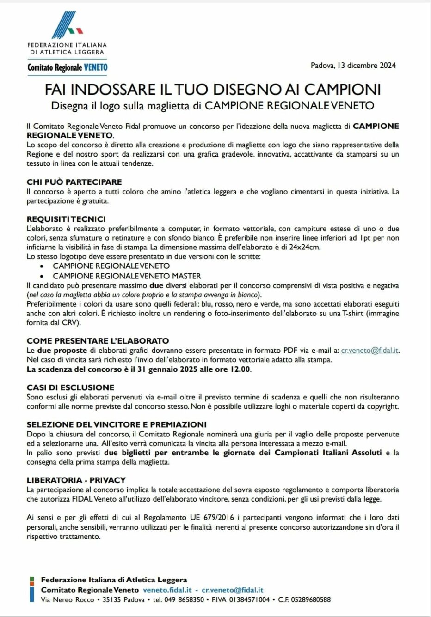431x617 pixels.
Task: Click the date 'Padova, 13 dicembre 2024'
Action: click(x=353, y=65)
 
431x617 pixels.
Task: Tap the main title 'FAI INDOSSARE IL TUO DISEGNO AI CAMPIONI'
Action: click(x=212, y=89)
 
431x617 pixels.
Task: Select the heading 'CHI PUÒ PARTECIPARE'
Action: click(x=74, y=182)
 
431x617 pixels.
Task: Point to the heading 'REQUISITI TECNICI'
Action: click(x=66, y=219)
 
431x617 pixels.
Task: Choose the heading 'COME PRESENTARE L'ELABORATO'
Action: click(x=98, y=341)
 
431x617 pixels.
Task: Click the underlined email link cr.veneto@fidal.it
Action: click(x=369, y=350)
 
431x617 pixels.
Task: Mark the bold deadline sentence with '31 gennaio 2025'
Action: click(x=139, y=369)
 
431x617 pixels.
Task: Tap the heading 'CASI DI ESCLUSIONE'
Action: click(x=70, y=387)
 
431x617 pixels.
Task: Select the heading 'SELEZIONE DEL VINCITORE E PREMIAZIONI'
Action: click(x=117, y=424)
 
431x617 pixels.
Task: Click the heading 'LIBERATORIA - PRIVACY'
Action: click(x=76, y=480)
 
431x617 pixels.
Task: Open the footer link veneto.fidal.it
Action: click(x=167, y=590)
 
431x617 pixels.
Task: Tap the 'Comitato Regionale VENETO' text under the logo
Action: click(x=68, y=67)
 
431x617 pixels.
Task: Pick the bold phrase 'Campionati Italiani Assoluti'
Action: click(x=328, y=453)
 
